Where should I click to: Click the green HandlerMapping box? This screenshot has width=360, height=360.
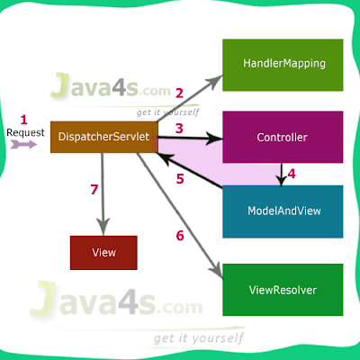tap(283, 64)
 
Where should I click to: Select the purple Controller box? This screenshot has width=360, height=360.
tap(283, 138)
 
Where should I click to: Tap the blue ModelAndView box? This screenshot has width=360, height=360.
tap(283, 211)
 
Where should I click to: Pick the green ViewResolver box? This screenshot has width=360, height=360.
tap(283, 289)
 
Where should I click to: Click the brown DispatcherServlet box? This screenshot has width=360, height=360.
tap(104, 136)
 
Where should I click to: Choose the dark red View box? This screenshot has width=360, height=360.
tap(103, 252)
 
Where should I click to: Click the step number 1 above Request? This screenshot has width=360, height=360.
tap(24, 118)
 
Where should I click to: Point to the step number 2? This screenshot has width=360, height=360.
tap(179, 93)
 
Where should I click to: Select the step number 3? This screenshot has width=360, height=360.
tap(179, 129)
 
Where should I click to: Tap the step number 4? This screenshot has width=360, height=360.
tap(291, 174)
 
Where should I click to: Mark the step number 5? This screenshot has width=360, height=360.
tap(179, 178)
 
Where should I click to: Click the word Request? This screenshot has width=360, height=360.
tap(24, 132)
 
